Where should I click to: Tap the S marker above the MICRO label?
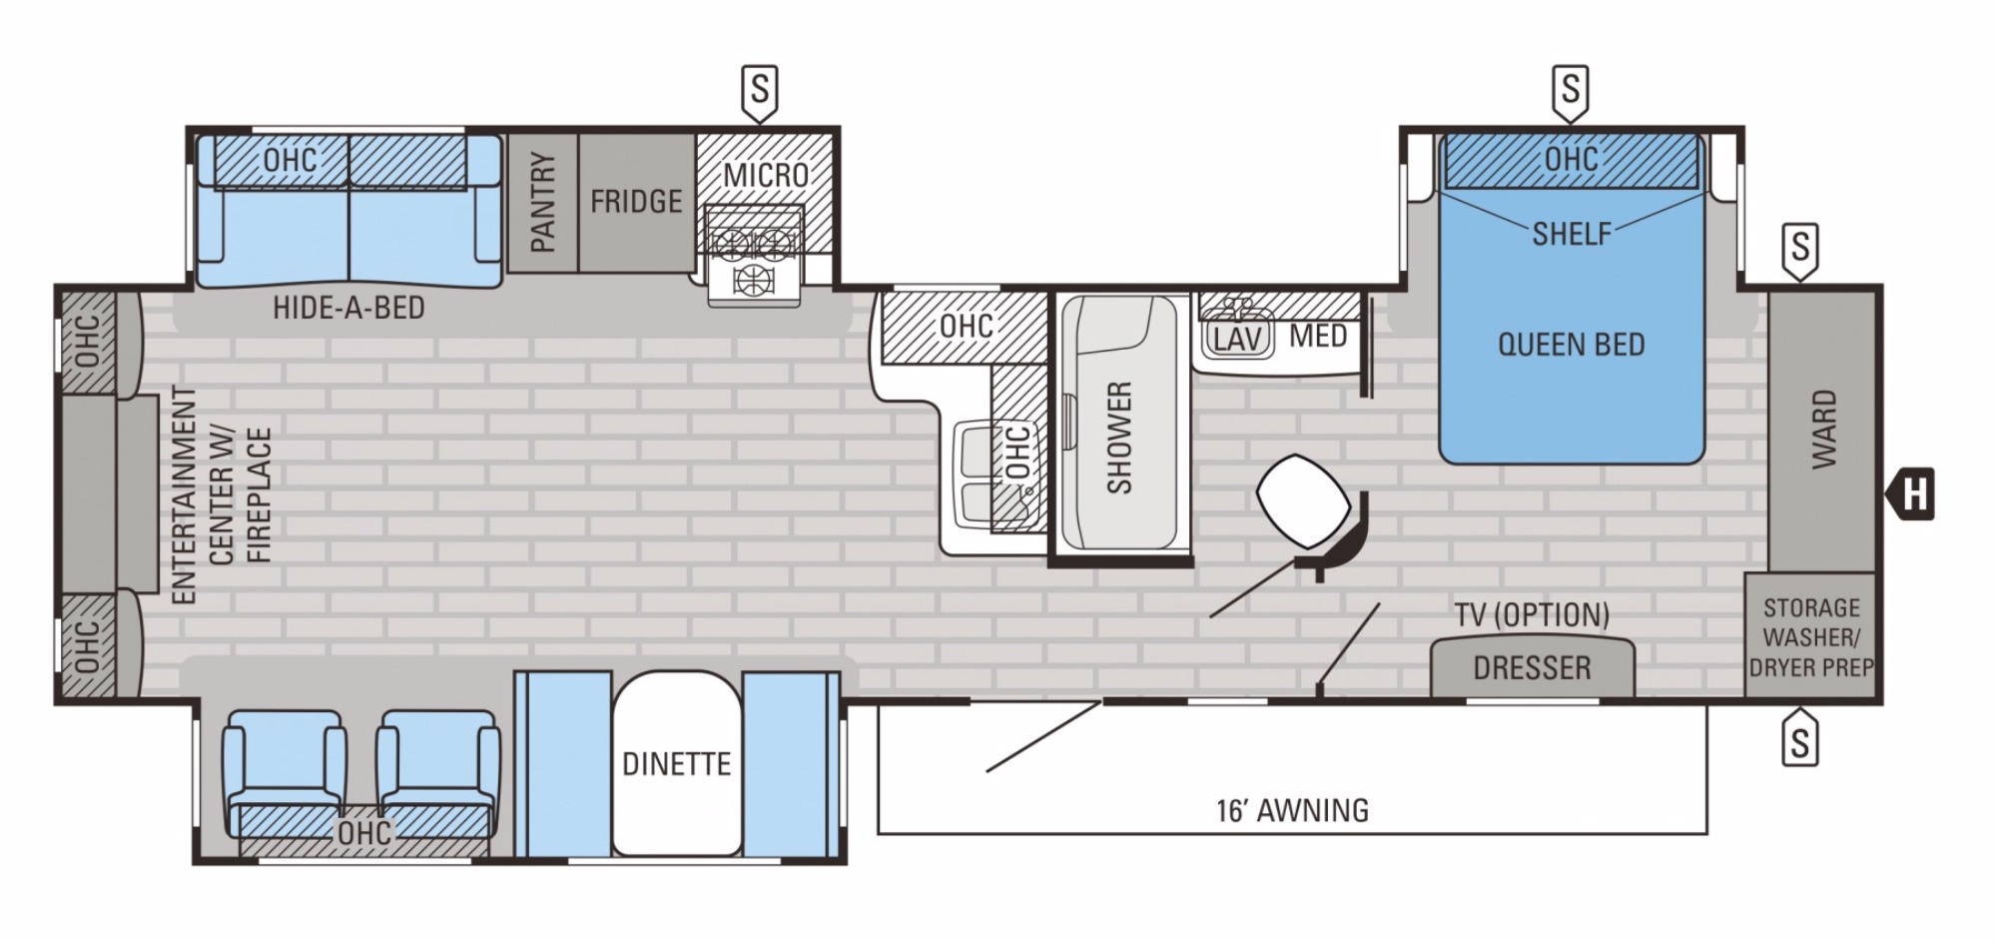759,92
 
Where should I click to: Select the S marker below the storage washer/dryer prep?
1800,740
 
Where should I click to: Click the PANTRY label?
543,202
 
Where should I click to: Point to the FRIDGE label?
636,202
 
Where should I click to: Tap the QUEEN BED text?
1571,345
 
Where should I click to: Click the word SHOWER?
1120,437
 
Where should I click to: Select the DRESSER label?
1532,667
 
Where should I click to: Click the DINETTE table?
676,764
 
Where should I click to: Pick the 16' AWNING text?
1292,809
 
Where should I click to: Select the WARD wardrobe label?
1823,429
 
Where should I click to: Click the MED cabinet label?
1318,336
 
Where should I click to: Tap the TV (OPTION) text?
1532,615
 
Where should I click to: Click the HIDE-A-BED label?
348,308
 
